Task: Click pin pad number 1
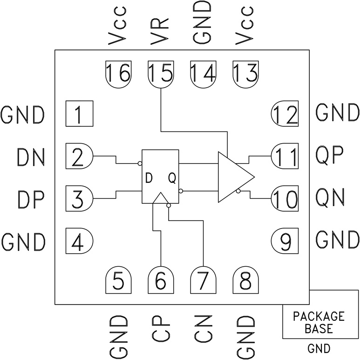[79, 113]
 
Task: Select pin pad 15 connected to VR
[161, 74]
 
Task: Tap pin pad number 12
[285, 113]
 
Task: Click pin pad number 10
[285, 199]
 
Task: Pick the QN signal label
[330, 199]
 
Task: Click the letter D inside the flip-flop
[149, 178]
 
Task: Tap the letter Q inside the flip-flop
[171, 178]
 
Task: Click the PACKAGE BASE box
[319, 322]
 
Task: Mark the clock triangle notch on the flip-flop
[160, 199]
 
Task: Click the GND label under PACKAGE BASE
[319, 348]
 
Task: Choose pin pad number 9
[285, 241]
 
